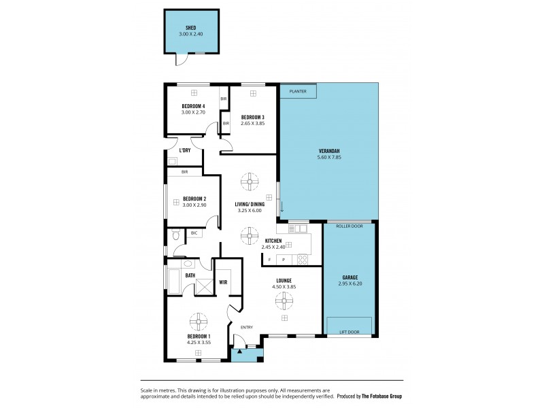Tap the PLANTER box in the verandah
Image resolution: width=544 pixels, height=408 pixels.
coord(298,90)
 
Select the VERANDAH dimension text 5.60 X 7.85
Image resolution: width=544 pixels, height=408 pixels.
coord(328,157)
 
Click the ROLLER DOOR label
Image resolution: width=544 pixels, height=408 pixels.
coord(349,226)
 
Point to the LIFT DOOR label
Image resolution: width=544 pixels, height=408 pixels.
coord(349,333)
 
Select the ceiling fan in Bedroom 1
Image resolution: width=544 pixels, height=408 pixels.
coord(199,320)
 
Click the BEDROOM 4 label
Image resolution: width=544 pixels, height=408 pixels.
coord(194,106)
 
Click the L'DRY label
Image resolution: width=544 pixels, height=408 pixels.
coord(184,150)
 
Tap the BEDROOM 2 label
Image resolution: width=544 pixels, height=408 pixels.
coord(194,199)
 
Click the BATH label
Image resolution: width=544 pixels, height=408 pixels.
coord(190,275)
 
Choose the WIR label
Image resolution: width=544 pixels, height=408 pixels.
coord(222,282)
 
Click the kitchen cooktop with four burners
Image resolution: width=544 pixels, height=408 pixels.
coord(303,259)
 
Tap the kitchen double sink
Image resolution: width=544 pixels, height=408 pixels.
coord(298,228)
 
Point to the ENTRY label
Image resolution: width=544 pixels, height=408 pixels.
coord(246,327)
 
